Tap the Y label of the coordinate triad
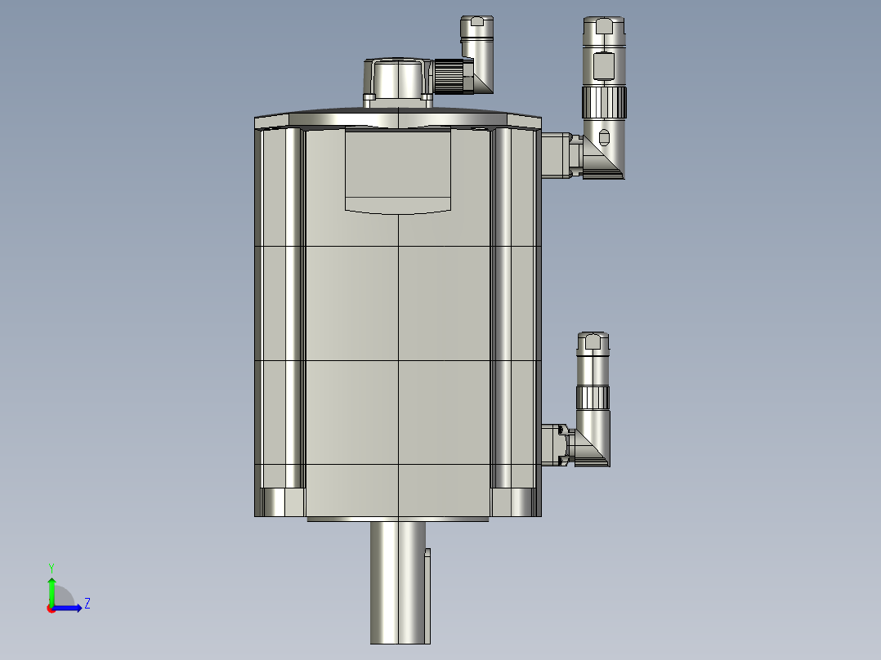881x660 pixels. (x=51, y=567)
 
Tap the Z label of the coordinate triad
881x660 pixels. (x=87, y=604)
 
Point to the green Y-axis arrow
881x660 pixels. (x=51, y=588)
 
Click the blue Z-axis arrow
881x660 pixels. (x=70, y=608)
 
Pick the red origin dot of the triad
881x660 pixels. (x=51, y=609)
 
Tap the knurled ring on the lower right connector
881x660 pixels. (x=593, y=398)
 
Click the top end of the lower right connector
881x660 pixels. (x=593, y=341)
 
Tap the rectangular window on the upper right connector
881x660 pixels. (x=604, y=65)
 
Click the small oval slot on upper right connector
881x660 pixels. (x=604, y=136)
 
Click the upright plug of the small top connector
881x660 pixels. (x=476, y=37)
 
